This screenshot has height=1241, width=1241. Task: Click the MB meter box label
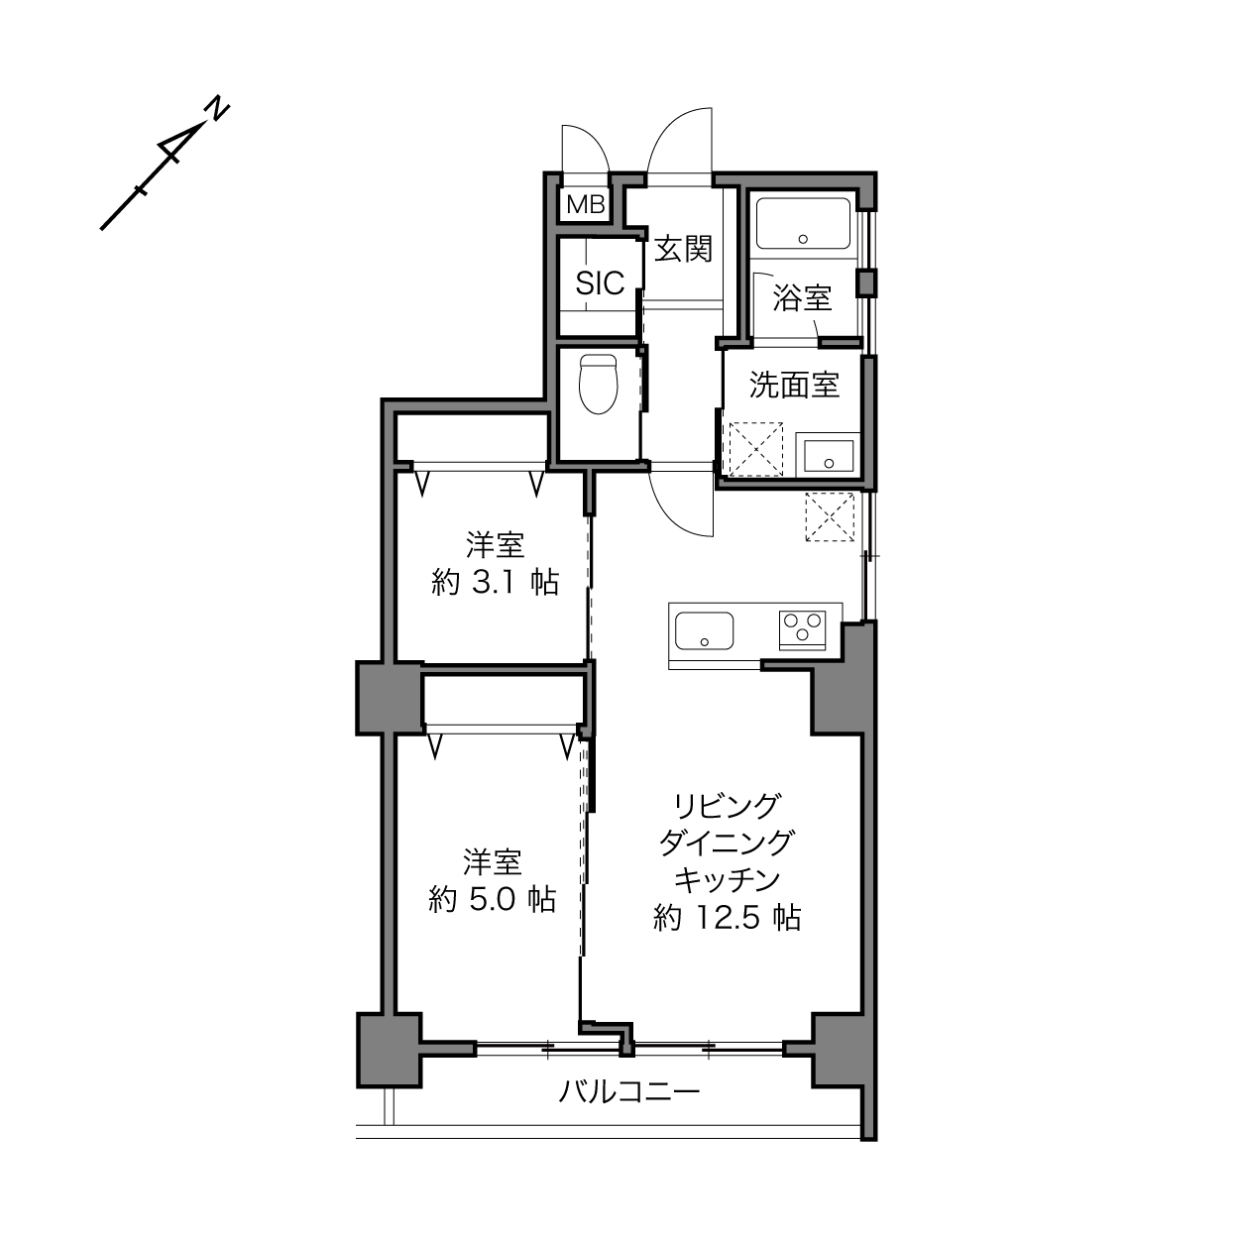coord(586,205)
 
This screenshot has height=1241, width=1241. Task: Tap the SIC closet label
coord(600,282)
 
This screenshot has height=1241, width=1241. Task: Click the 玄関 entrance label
coord(683,249)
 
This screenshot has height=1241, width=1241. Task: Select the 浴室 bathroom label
coord(802,298)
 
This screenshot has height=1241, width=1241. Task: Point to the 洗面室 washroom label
coord(794,385)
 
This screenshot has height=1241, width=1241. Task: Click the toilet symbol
coord(599,384)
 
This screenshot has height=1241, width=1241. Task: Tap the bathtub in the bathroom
coord(803,223)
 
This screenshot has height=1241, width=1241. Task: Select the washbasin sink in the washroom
coord(829,455)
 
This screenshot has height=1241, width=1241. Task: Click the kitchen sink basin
coord(704,630)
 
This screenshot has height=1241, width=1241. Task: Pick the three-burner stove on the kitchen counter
coord(803,628)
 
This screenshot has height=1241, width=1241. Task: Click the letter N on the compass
coord(218,108)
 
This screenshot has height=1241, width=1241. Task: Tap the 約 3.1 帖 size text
coord(495,583)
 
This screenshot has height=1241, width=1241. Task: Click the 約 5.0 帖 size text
coord(492,899)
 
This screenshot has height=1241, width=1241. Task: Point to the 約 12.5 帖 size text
coord(728,917)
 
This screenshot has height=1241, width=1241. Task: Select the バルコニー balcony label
coord(628,1091)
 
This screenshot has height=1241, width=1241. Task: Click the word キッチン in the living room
coord(728,880)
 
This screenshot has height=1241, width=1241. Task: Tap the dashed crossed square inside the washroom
coord(756,450)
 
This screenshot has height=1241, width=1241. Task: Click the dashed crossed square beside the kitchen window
coord(830,516)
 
